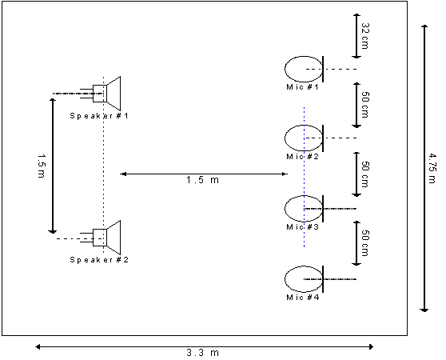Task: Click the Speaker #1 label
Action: (99, 116)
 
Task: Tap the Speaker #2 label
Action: (99, 260)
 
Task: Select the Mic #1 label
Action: (302, 86)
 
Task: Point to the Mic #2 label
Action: (302, 157)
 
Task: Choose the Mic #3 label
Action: (302, 227)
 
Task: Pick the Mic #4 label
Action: (302, 298)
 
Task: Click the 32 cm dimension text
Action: (365, 36)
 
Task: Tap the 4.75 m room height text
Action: (432, 169)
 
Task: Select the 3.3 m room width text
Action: (202, 353)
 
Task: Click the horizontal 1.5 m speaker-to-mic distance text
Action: (202, 180)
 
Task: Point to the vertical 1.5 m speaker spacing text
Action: (42, 166)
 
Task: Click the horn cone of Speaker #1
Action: (113, 94)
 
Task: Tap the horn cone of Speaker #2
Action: (113, 238)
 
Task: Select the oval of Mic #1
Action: (285, 69)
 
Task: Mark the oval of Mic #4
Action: (285, 279)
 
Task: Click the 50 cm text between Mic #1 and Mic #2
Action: (365, 105)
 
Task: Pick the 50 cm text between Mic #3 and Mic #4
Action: (365, 243)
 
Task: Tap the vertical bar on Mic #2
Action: (323, 138)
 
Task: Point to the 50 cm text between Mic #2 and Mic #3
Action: (365, 174)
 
